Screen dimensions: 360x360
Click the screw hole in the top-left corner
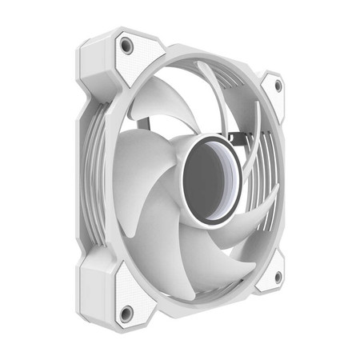click(126, 46)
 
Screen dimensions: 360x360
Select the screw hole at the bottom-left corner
click(126, 312)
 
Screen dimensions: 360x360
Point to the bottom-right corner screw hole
click(278, 276)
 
